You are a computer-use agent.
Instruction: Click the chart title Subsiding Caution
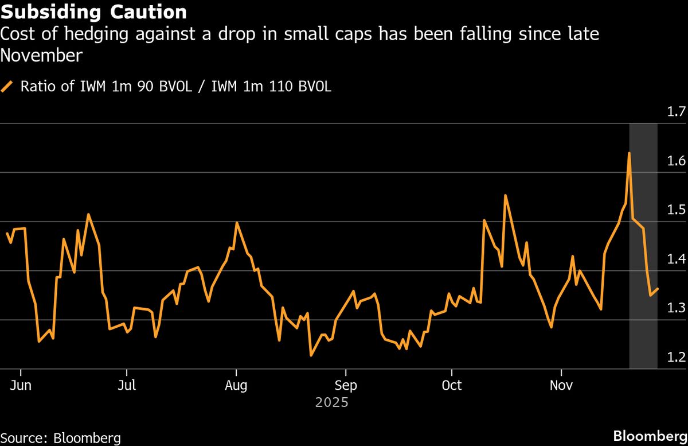click(93, 12)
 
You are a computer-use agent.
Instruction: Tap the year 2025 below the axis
click(331, 403)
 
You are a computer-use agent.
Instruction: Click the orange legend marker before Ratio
click(7, 87)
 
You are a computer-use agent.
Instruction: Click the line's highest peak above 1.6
click(629, 153)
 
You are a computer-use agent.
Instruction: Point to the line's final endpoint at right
click(658, 289)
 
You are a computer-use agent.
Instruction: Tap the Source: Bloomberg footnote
click(60, 438)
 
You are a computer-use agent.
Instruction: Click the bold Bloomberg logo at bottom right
click(649, 436)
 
